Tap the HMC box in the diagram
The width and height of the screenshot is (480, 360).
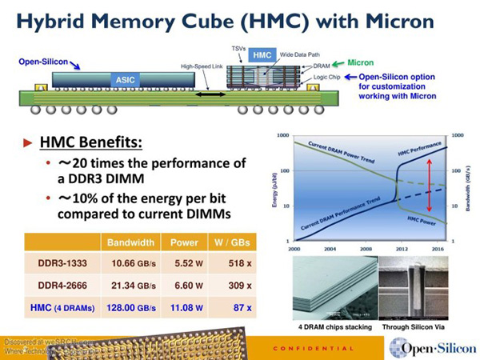pos(262,54)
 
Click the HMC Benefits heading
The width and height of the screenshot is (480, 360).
pos(91,143)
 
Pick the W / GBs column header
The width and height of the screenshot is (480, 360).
pos(231,242)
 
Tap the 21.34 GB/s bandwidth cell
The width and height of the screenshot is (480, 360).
pos(126,285)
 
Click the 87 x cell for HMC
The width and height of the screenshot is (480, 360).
pos(237,307)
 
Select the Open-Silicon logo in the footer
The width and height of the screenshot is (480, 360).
pos(431,346)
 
